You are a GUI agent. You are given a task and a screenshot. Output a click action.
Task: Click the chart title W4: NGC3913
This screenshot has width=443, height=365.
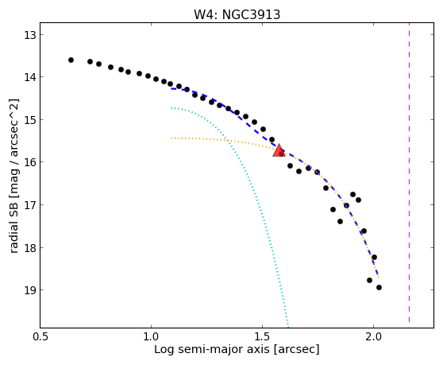pyautogui.click(x=237, y=15)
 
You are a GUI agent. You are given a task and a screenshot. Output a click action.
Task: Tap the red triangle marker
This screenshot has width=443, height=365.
pyautogui.click(x=279, y=151)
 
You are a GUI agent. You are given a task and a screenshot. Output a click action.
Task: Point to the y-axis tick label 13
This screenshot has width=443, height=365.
pyautogui.click(x=30, y=35)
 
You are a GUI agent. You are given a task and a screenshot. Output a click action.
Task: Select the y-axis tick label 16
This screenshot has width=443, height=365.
pyautogui.click(x=30, y=162)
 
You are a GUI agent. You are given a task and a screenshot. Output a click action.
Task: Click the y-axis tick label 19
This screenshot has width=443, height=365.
pyautogui.click(x=30, y=290)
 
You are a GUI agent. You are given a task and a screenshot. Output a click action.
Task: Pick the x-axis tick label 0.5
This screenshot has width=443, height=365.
pyautogui.click(x=40, y=337)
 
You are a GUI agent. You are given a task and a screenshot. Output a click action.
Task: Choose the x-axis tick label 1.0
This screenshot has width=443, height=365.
pyautogui.click(x=151, y=337)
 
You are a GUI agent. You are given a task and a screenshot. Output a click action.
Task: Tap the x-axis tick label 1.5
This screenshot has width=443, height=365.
pyautogui.click(x=263, y=337)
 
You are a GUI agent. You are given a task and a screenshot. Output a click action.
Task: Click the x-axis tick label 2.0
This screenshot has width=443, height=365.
pyautogui.click(x=373, y=337)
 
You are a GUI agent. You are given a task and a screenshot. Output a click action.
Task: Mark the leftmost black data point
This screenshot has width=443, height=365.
pyautogui.click(x=71, y=60)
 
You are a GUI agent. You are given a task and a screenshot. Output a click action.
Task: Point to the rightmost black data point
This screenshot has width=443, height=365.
pyautogui.click(x=379, y=288)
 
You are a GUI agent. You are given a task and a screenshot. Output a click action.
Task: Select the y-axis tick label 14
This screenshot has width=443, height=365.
pyautogui.click(x=30, y=77)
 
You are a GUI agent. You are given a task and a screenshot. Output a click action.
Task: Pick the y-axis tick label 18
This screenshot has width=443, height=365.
pyautogui.click(x=30, y=248)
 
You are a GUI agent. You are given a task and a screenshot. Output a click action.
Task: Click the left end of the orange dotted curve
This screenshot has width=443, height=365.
pyautogui.click(x=171, y=138)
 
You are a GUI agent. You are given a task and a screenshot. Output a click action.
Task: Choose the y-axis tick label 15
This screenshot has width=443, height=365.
pyautogui.click(x=30, y=120)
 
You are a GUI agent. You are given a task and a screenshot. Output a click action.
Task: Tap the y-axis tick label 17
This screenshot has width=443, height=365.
pyautogui.click(x=30, y=205)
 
